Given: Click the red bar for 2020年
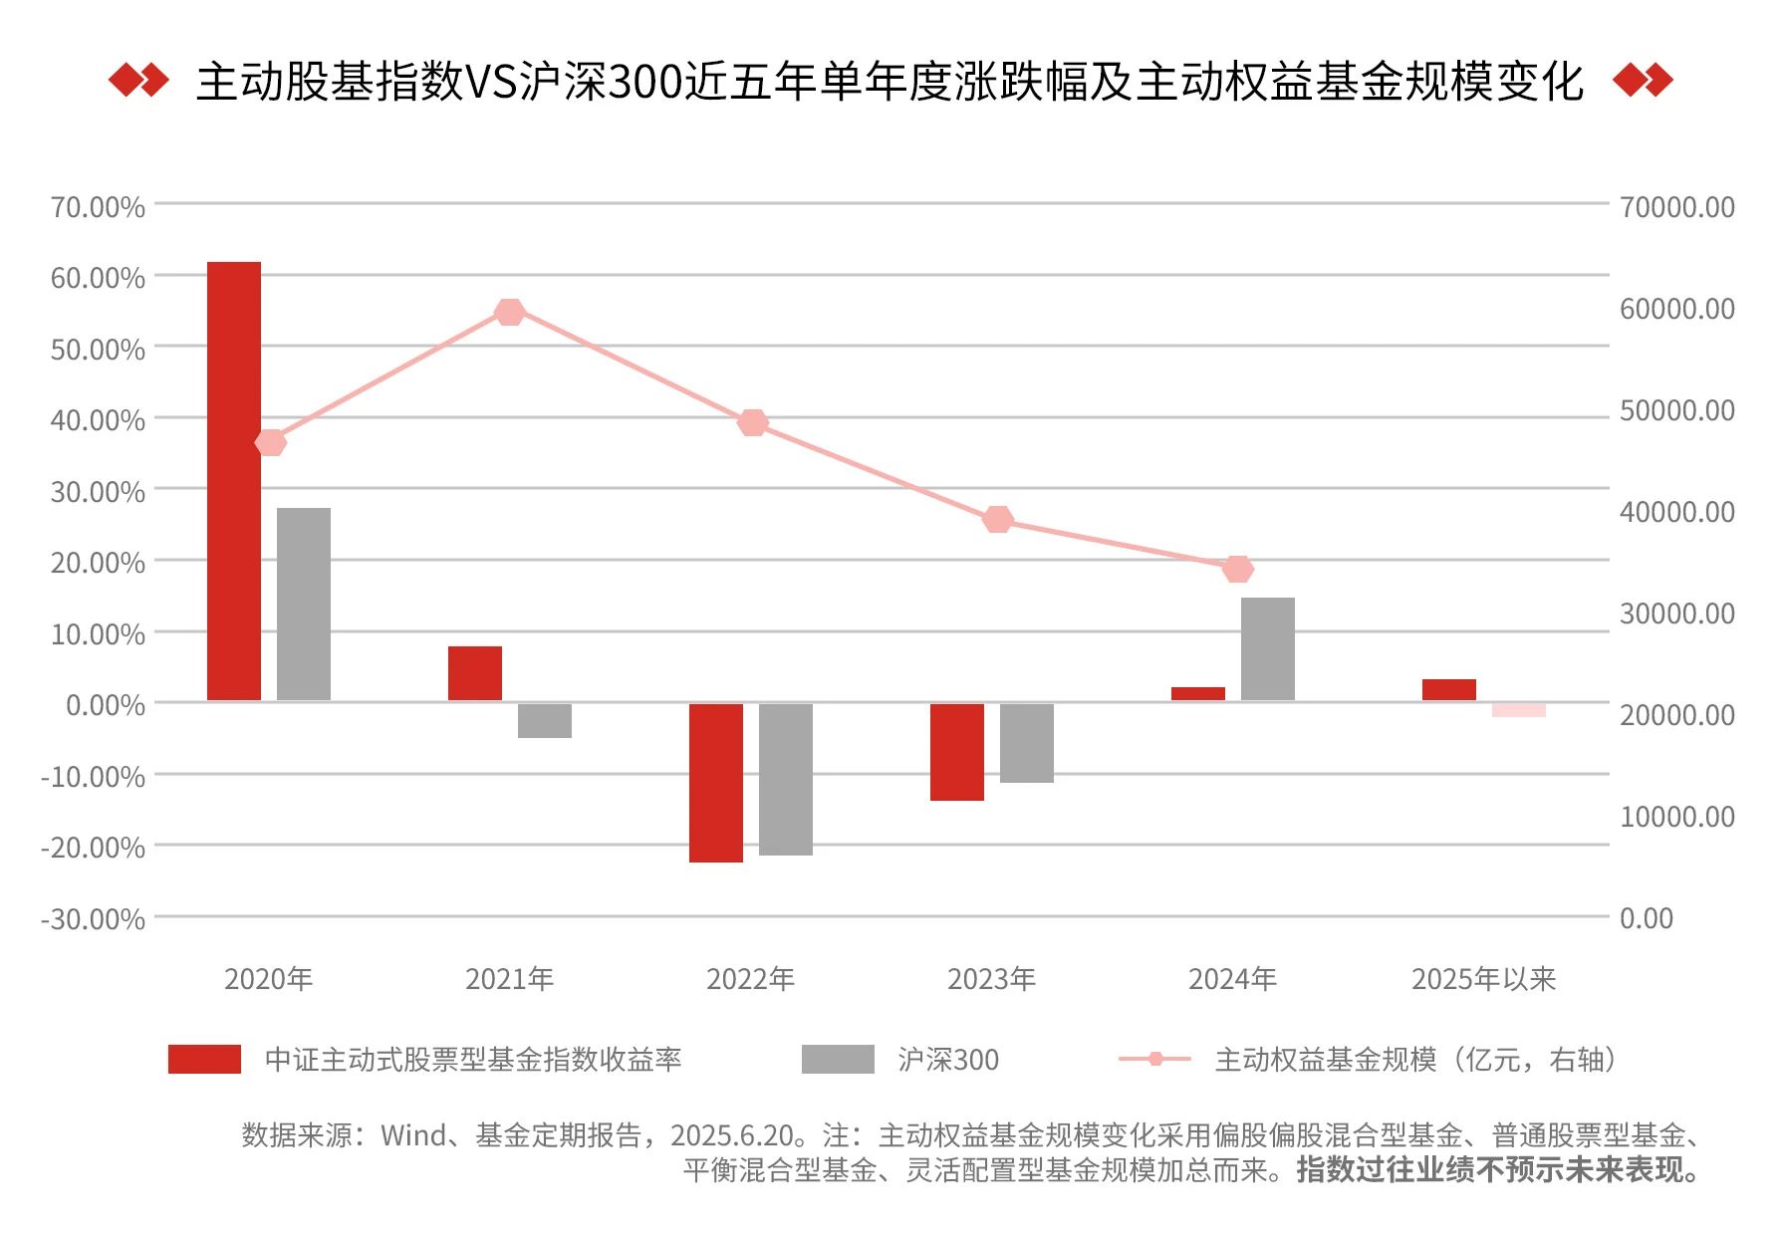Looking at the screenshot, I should click(x=234, y=481).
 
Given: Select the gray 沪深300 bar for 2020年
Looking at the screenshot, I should click(x=304, y=604).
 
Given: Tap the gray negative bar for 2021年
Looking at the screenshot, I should click(x=545, y=720).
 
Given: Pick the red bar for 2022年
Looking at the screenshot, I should click(x=716, y=782).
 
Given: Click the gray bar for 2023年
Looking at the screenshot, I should click(x=1027, y=742).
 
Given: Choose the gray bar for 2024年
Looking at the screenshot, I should click(x=1268, y=648).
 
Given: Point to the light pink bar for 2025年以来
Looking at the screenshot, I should click(x=1519, y=710).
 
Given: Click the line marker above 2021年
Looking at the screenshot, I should click(x=509, y=313).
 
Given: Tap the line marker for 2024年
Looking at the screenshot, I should click(x=1237, y=570).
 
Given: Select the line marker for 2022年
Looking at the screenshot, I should click(x=753, y=423).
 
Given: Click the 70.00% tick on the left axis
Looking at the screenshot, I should click(x=98, y=207).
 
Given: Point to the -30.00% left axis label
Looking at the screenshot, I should click(x=94, y=918).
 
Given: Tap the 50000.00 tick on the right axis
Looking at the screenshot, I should click(x=1677, y=410).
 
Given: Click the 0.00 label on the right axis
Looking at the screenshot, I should click(x=1647, y=918).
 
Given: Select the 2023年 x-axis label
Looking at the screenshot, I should click(x=991, y=979).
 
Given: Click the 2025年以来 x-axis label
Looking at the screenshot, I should click(x=1483, y=979).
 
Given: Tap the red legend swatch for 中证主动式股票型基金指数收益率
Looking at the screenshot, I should click(x=204, y=1060).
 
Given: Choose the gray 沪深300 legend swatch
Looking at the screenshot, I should click(x=838, y=1060).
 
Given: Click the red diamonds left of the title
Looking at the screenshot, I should click(x=138, y=80).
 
